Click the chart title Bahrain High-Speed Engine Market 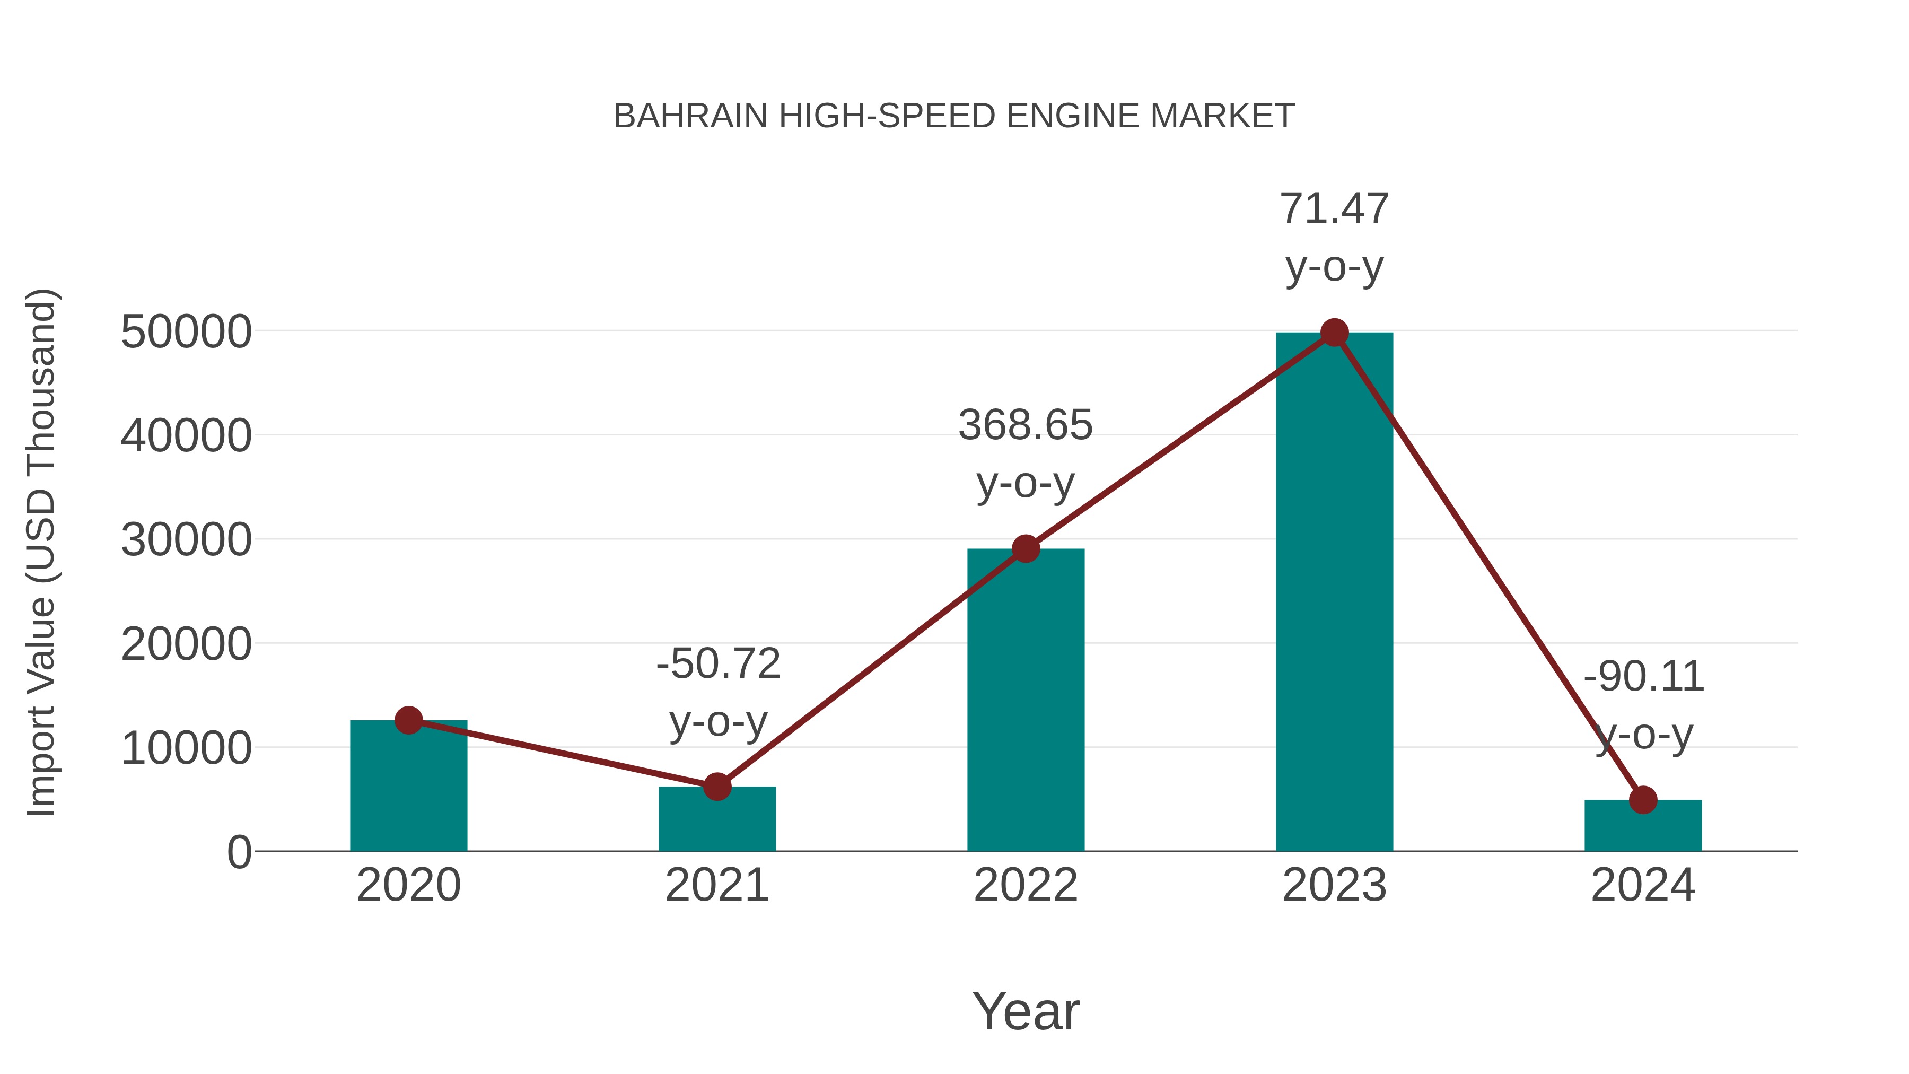(954, 116)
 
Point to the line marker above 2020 (408, 720)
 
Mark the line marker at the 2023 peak (1334, 333)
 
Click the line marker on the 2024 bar (1643, 800)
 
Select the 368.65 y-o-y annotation (1025, 425)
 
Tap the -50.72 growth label (717, 663)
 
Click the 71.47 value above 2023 (1334, 209)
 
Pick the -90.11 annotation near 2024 (1643, 677)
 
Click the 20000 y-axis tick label (186, 644)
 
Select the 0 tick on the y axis (239, 852)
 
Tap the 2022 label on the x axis (1025, 885)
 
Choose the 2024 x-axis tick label (1643, 885)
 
